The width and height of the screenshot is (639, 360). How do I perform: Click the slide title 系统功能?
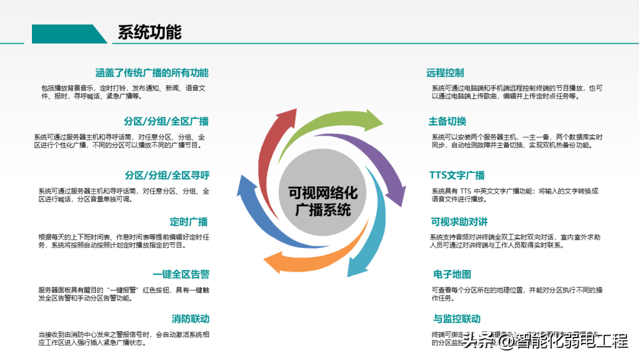(x=149, y=32)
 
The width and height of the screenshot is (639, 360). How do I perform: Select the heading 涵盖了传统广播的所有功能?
(x=152, y=73)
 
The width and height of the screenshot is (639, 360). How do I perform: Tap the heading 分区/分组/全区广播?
(x=166, y=121)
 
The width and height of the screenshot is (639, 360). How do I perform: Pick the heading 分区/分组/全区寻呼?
(x=167, y=175)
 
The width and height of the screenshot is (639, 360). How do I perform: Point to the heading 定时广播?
(x=189, y=222)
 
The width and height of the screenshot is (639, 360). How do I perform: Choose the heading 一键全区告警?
(x=181, y=274)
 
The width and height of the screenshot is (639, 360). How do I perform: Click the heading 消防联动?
(x=191, y=319)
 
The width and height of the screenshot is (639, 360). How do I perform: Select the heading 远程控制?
(x=445, y=73)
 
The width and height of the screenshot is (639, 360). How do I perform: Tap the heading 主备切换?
(x=447, y=121)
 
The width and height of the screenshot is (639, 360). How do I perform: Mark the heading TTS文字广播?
(x=457, y=175)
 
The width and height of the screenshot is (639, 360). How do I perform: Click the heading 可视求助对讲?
(x=459, y=222)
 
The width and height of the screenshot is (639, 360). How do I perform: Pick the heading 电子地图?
(x=452, y=274)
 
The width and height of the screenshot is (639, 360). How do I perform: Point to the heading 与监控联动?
(x=457, y=319)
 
